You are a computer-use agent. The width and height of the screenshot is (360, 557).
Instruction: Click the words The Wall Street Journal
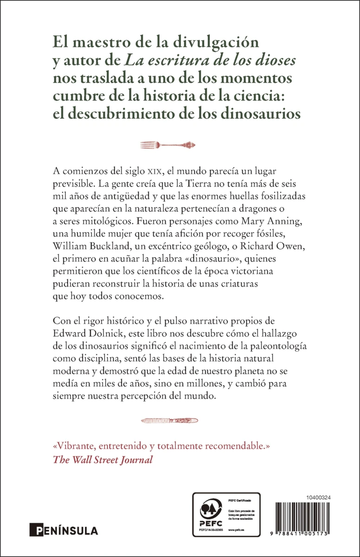pos(103,460)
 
